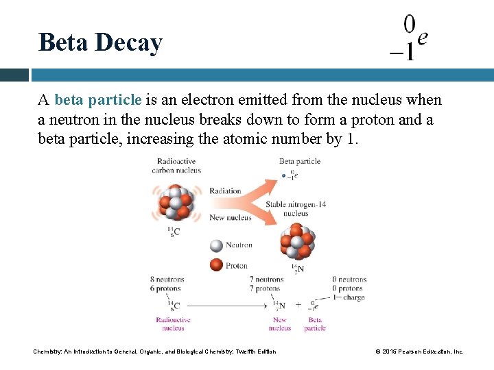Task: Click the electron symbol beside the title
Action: click(409, 38)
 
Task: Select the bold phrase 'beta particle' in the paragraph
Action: click(97, 100)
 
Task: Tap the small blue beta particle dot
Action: click(284, 176)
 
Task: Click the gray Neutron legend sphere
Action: click(216, 245)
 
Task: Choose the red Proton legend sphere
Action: click(216, 265)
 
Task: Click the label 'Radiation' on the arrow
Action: click(225, 191)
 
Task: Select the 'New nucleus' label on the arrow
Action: click(230, 218)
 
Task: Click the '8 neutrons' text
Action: click(167, 280)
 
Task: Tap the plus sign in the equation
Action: click(298, 305)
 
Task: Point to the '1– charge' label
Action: click(349, 297)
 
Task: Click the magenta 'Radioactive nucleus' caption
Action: click(173, 324)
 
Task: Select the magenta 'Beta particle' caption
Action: click(315, 324)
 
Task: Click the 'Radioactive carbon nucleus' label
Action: click(176, 165)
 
